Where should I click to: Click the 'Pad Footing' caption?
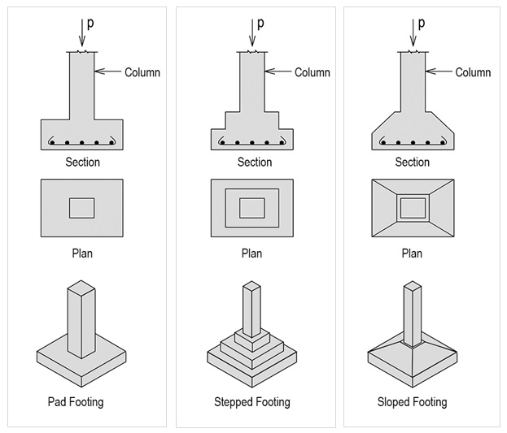pyautogui.click(x=76, y=402)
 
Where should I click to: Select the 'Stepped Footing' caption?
pyautogui.click(x=252, y=402)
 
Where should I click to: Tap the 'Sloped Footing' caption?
pyautogui.click(x=413, y=402)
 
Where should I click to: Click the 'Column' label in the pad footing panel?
pyautogui.click(x=142, y=72)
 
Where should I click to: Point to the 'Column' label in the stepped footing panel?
pyautogui.click(x=313, y=72)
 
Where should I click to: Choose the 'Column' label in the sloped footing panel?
pyautogui.click(x=473, y=72)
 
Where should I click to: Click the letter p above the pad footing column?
pyautogui.click(x=90, y=24)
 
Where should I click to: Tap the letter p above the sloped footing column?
pyautogui.click(x=422, y=24)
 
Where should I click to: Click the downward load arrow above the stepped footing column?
pyautogui.click(x=252, y=32)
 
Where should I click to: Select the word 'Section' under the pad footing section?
pyautogui.click(x=82, y=162)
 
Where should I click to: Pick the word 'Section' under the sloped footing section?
pyautogui.click(x=413, y=162)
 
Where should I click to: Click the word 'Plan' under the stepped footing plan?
pyautogui.click(x=251, y=253)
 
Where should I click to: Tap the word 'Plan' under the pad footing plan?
pyautogui.click(x=82, y=253)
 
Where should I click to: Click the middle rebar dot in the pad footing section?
pyautogui.click(x=82, y=142)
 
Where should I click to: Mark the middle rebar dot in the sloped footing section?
pyautogui.click(x=413, y=142)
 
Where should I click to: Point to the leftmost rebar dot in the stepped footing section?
pyautogui.click(x=222, y=142)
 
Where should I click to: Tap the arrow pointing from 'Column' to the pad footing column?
pyautogui.click(x=108, y=71)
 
